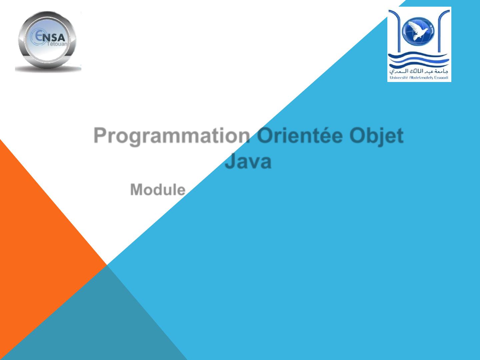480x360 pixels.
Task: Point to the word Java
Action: point(248,161)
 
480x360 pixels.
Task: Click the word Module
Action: point(158,190)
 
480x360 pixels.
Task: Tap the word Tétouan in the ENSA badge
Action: point(57,44)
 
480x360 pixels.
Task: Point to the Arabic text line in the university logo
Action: point(419,71)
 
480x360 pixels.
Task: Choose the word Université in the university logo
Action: point(399,78)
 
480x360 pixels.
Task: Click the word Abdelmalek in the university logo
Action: point(421,78)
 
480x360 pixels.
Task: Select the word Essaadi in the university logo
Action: point(441,78)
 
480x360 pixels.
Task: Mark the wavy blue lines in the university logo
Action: point(419,59)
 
